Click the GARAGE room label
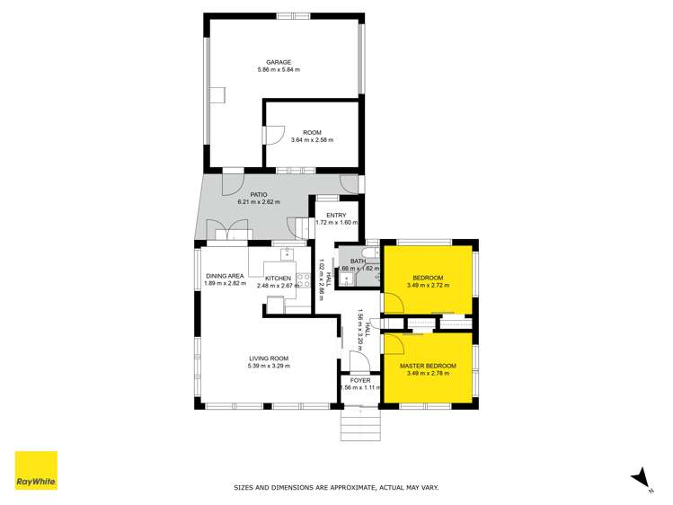[278, 62]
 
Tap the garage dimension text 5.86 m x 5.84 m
[278, 70]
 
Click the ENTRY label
[336, 215]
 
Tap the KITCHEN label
[278, 279]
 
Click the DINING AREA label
[225, 276]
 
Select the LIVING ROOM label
[269, 359]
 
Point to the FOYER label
[359, 380]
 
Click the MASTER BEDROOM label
[428, 366]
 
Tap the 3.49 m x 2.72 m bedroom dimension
[428, 285]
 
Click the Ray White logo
[36, 472]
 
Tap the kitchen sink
[288, 253]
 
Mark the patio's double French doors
[228, 231]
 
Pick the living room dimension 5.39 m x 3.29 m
[269, 367]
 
